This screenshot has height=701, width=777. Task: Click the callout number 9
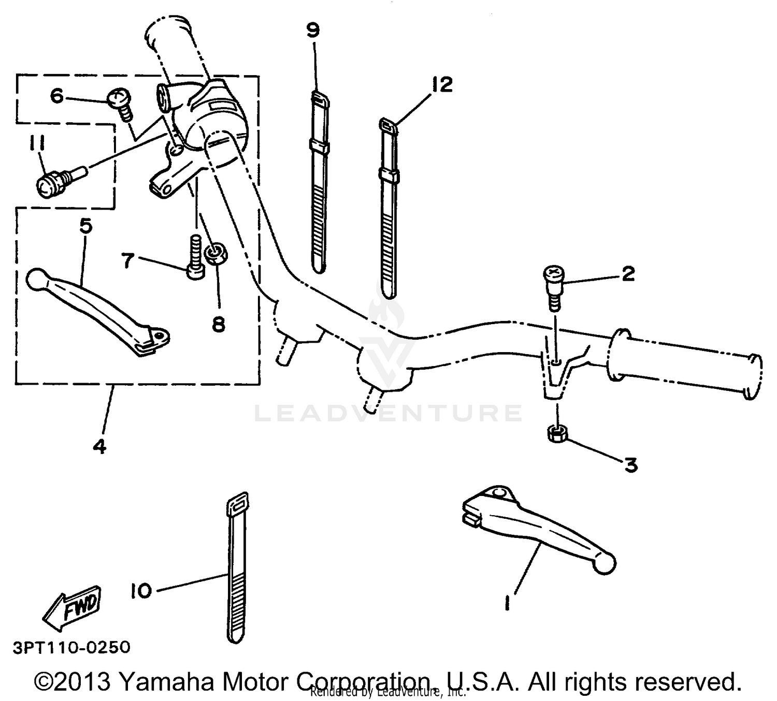pyautogui.click(x=313, y=31)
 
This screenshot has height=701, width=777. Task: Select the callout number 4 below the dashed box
pyautogui.click(x=99, y=445)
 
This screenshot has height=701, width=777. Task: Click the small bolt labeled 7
pyautogui.click(x=195, y=258)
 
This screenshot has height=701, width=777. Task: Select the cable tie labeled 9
pyautogui.click(x=319, y=181)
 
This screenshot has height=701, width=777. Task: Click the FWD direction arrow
pyautogui.click(x=73, y=606)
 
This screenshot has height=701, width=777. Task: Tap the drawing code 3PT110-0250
pyautogui.click(x=71, y=647)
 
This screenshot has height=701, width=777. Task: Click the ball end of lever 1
pyautogui.click(x=604, y=564)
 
